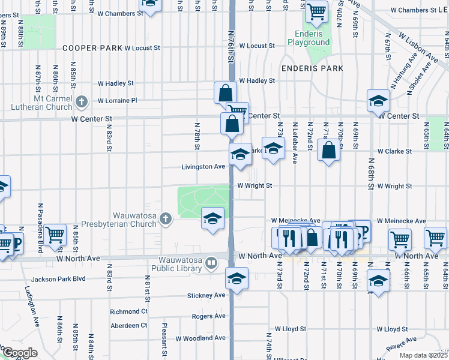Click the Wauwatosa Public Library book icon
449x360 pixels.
211,262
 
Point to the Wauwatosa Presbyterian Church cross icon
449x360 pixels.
166,221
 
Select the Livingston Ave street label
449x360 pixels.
204,167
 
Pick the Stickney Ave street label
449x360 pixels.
206,295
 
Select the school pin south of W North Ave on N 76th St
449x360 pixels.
237,278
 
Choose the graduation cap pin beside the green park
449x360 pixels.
212,218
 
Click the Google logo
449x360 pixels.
20,353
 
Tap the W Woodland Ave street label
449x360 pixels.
200,338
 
